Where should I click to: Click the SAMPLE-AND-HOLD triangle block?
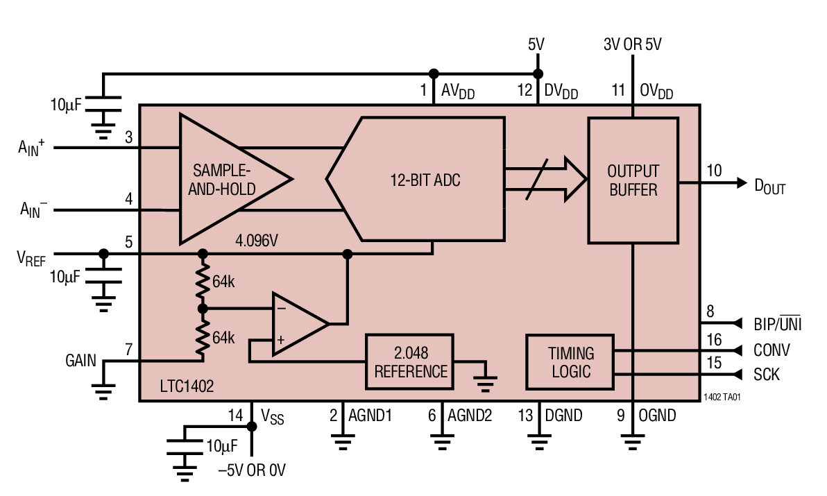coord(222,179)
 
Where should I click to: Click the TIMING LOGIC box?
coord(570,361)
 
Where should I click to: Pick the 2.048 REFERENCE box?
coord(411,361)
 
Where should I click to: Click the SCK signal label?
coord(766,375)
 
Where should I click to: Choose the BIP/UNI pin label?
coord(777,324)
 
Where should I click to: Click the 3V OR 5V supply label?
coord(632,45)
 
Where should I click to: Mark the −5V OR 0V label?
coord(251,471)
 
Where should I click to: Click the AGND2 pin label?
coord(469,416)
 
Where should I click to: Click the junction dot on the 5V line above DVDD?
coord(537,74)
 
